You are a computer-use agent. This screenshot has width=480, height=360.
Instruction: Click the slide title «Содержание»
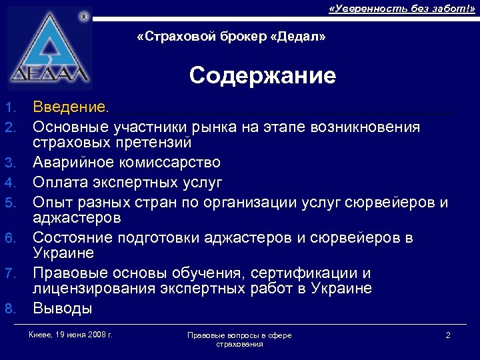point(263,75)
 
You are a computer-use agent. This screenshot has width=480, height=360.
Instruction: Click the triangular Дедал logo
point(50,50)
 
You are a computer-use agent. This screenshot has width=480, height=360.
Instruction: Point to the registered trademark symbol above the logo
point(83,15)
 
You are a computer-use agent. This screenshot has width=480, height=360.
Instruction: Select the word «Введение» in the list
point(67,107)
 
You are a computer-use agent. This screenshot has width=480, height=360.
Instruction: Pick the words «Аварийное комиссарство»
point(127,163)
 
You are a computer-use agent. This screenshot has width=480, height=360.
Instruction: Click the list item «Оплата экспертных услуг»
point(127,182)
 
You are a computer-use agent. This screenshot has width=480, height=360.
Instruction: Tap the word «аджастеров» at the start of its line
point(77,218)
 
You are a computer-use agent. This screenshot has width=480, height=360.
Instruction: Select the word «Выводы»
point(63,309)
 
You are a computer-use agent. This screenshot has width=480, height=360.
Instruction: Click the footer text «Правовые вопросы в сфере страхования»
point(239,339)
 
